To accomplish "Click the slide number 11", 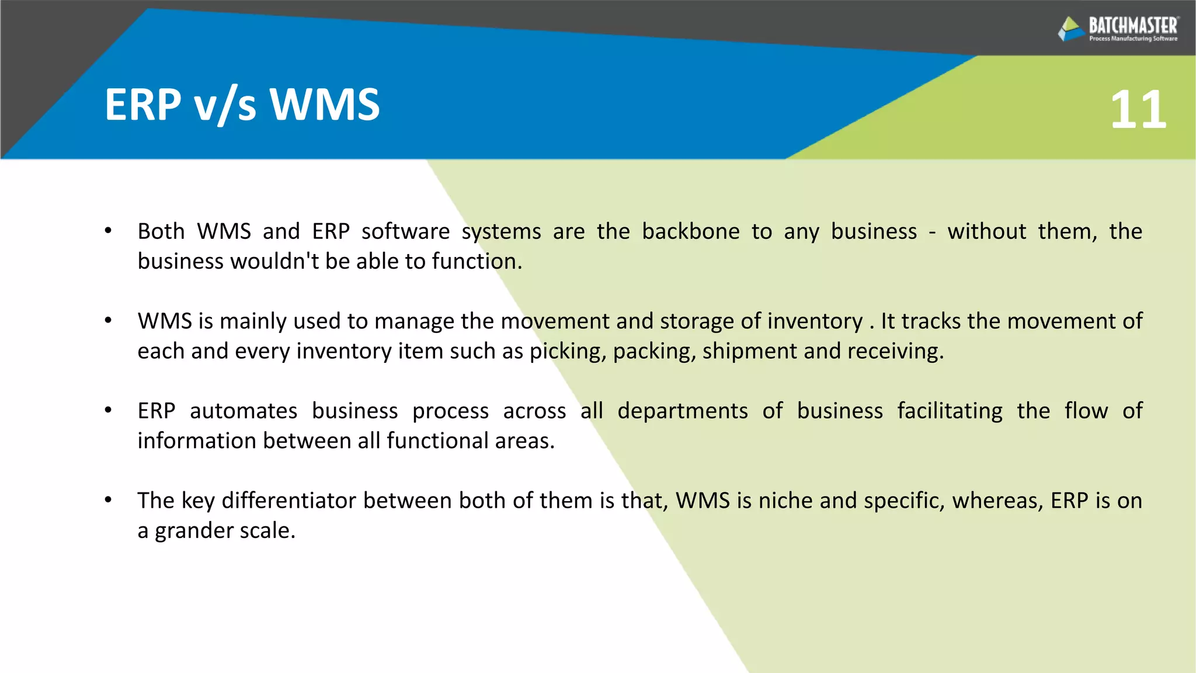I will coord(1138,110).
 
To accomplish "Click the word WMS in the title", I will coord(324,105).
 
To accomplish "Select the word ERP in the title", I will coord(142,105).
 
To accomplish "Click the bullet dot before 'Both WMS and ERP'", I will coord(108,231).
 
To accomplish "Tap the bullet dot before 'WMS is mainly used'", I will coord(108,321).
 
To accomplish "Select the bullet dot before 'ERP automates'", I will coord(108,411).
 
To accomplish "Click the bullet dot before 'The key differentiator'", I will coord(108,500).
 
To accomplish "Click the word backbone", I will coord(691,231).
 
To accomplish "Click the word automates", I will coord(243,411).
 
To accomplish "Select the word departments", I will coord(682,411).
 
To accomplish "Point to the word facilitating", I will coord(950,411).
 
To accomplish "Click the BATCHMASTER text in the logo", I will coord(1133,26).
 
